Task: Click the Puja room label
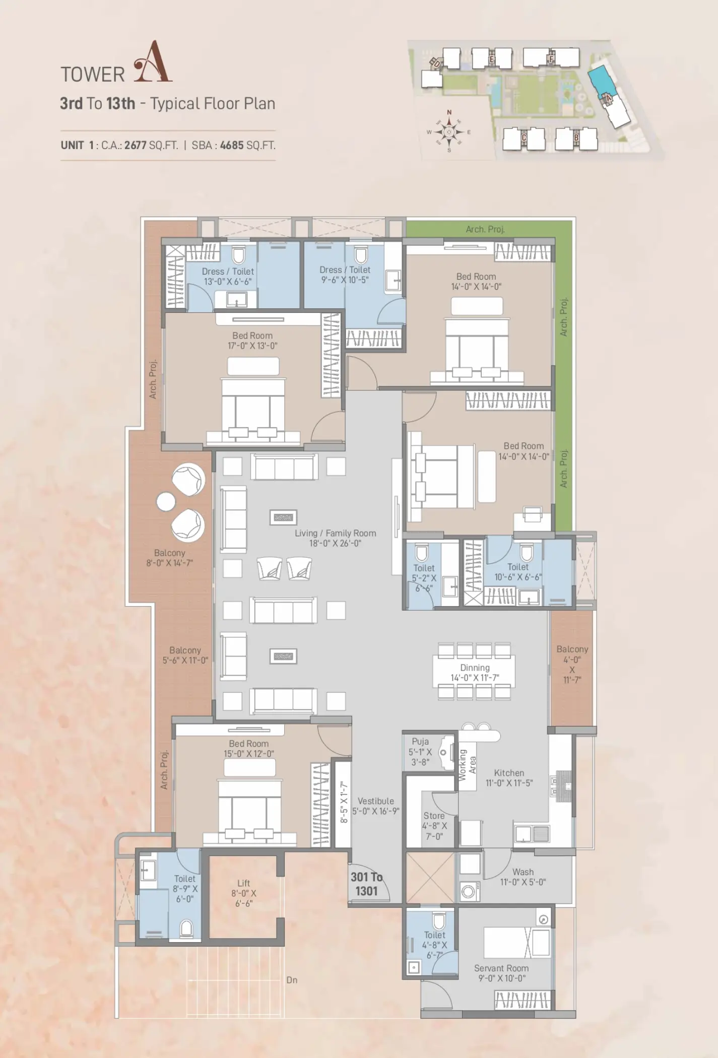pos(420,741)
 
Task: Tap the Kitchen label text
pos(509,772)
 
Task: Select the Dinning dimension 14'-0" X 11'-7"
pos(475,678)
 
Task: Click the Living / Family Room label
pos(336,533)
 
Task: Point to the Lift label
pos(244,883)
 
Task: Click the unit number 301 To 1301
pos(367,884)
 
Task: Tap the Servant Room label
pos(501,968)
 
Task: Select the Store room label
pos(434,815)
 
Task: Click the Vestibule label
pos(376,801)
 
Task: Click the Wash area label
pos(523,872)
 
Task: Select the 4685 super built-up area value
pos(231,146)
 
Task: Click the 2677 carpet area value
pos(136,146)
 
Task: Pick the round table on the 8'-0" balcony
pos(166,502)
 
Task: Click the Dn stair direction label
pos(292,980)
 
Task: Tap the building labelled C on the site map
pos(524,138)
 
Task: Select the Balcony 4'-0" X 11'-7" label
pos(572,664)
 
